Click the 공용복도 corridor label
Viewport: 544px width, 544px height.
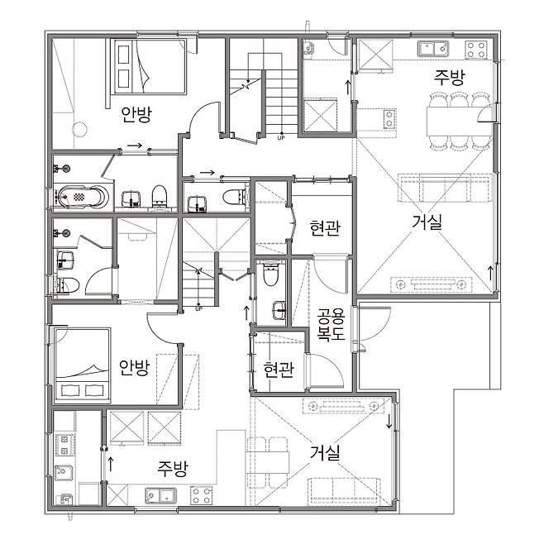(x=331, y=324)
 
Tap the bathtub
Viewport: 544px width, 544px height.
(x=83, y=197)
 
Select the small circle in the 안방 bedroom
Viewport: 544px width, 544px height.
(x=79, y=130)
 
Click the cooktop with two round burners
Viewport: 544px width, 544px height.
(x=389, y=119)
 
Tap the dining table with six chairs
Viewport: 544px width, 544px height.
(x=459, y=121)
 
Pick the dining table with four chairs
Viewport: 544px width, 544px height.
(x=268, y=462)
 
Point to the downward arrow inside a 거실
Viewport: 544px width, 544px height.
(x=389, y=421)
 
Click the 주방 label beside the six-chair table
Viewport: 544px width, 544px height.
(x=449, y=77)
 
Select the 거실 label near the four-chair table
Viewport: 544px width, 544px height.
(x=325, y=453)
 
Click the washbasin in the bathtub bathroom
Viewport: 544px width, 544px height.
(x=131, y=199)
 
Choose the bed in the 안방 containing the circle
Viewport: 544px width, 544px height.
(x=150, y=66)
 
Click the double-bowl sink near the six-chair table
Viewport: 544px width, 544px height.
(x=434, y=48)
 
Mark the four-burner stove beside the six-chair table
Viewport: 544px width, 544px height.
(x=476, y=50)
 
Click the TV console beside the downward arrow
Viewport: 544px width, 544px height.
(x=343, y=406)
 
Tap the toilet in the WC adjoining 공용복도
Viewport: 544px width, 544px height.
(x=270, y=274)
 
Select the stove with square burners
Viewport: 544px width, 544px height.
(x=64, y=445)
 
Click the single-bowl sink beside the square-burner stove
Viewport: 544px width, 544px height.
(x=64, y=473)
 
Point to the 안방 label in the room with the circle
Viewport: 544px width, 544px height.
(x=136, y=115)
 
